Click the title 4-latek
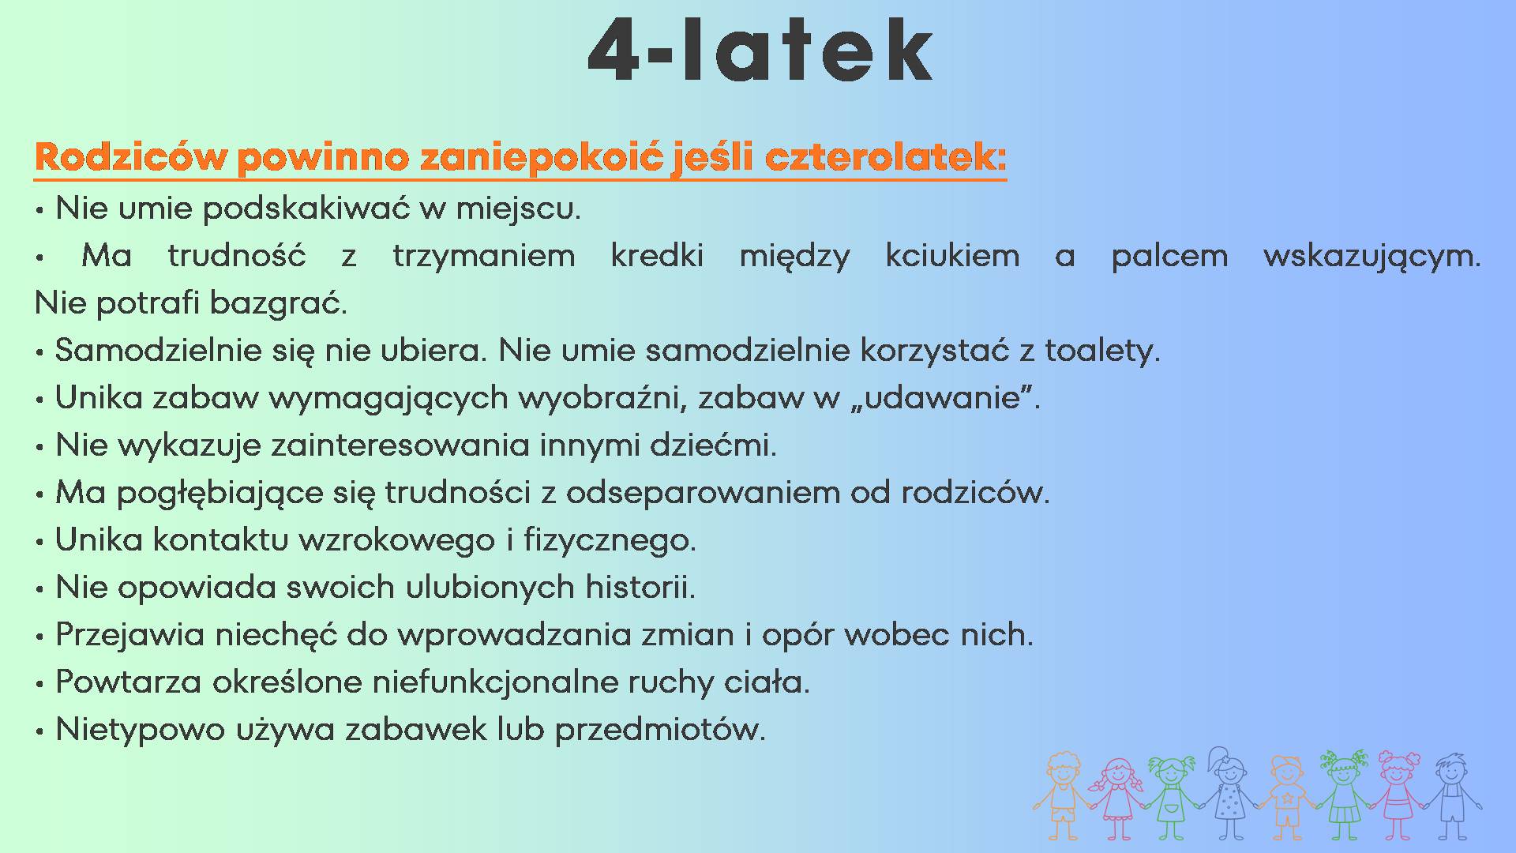point(760,49)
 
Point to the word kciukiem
point(952,256)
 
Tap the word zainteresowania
point(400,445)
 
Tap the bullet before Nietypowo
point(39,732)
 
